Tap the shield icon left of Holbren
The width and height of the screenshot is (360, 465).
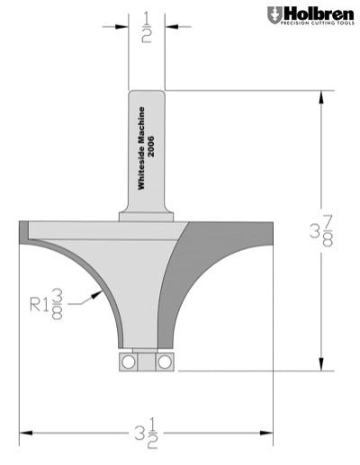point(274,15)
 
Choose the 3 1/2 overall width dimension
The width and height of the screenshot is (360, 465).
point(146,434)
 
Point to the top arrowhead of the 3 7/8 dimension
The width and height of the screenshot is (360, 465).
point(321,96)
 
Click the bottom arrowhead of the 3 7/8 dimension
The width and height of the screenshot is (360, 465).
point(321,363)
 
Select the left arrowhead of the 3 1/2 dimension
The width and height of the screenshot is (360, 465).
point(26,433)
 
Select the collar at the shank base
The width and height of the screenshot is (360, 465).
point(147,216)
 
